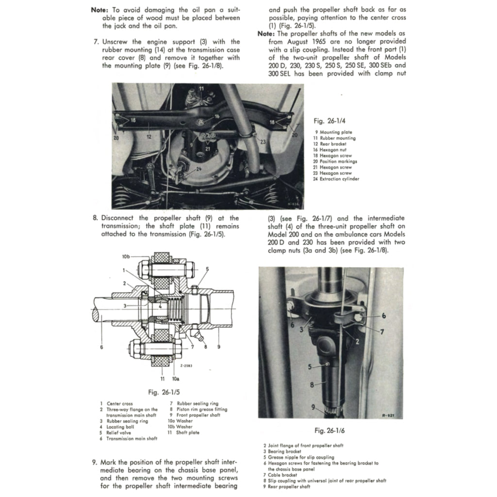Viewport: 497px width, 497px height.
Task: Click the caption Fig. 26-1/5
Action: [166, 392]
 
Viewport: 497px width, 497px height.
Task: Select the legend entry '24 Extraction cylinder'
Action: [336, 179]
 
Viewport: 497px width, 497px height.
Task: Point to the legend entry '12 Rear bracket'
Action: [330, 144]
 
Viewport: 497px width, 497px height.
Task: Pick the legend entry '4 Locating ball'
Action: [117, 427]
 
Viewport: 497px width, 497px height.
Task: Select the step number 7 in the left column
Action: [96, 42]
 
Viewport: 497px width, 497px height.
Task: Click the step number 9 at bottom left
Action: [94, 463]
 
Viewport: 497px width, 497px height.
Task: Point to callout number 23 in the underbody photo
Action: [263, 142]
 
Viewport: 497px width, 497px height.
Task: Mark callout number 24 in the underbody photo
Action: [199, 169]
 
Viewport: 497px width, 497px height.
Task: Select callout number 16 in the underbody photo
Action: [216, 116]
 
